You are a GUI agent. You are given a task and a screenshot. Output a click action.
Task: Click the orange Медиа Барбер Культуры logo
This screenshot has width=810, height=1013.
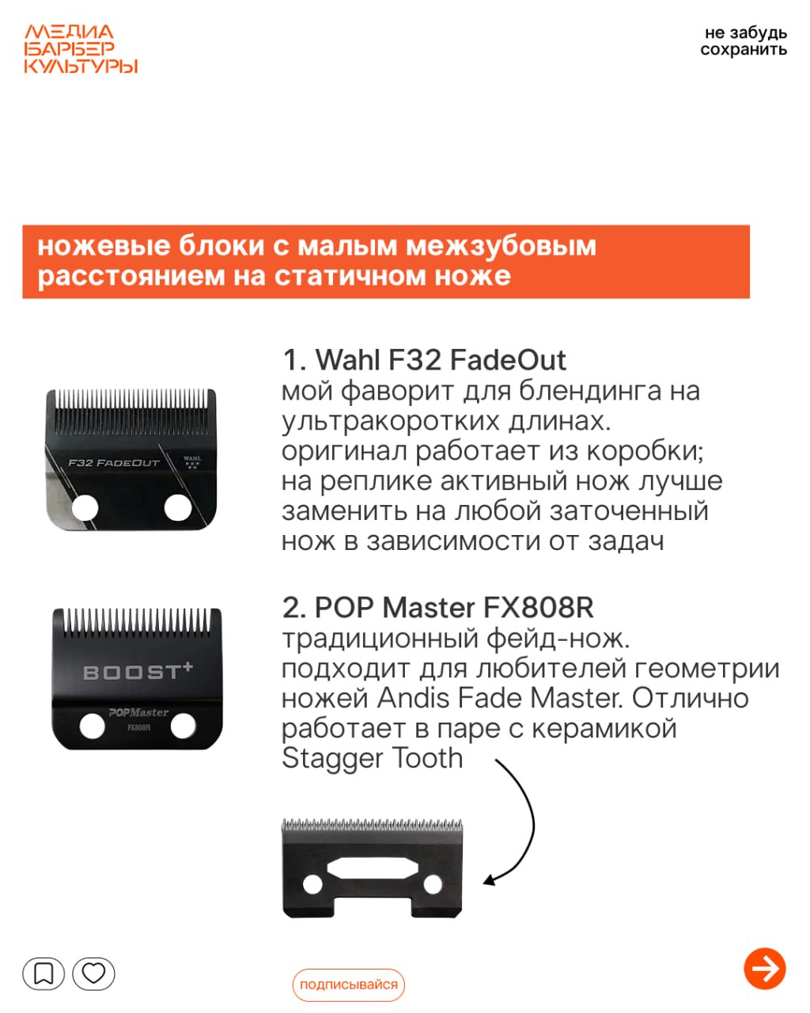click(x=81, y=49)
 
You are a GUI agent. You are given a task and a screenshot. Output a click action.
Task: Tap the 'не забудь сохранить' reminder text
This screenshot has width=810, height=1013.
click(x=744, y=41)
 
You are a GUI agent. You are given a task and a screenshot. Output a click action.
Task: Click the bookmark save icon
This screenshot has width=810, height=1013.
click(x=44, y=973)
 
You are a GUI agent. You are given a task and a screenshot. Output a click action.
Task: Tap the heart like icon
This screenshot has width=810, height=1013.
click(x=93, y=973)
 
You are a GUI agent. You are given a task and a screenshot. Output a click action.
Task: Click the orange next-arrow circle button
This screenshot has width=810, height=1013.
click(x=764, y=968)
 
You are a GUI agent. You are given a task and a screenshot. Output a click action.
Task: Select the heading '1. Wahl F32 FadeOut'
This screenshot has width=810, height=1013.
click(x=424, y=360)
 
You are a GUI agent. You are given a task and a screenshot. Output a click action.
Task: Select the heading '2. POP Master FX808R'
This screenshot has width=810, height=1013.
click(x=437, y=607)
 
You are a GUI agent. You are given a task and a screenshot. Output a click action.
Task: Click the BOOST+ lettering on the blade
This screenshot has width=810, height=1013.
click(x=138, y=672)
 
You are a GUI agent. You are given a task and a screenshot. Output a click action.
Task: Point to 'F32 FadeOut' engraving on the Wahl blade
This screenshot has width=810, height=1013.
click(x=114, y=463)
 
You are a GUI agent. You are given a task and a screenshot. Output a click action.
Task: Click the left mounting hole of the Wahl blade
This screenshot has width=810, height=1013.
click(x=85, y=509)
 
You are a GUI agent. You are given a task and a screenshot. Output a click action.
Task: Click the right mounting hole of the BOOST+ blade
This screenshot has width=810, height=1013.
click(x=183, y=726)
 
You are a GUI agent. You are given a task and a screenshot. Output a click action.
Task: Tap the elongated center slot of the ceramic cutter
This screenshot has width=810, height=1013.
click(x=373, y=868)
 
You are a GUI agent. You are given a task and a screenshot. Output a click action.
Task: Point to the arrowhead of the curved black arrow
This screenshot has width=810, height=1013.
click(x=490, y=880)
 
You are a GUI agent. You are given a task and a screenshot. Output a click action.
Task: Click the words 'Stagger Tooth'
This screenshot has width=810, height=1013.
click(x=373, y=758)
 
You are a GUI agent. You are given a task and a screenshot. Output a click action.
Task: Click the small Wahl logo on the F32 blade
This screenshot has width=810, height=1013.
click(x=192, y=461)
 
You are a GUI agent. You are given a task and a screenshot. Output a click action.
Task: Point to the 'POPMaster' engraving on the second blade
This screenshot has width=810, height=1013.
click(x=138, y=712)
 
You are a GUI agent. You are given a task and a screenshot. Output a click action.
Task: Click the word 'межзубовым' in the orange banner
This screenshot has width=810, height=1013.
click(x=501, y=245)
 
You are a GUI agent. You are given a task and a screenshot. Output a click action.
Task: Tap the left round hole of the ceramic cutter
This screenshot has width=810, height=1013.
click(x=312, y=885)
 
